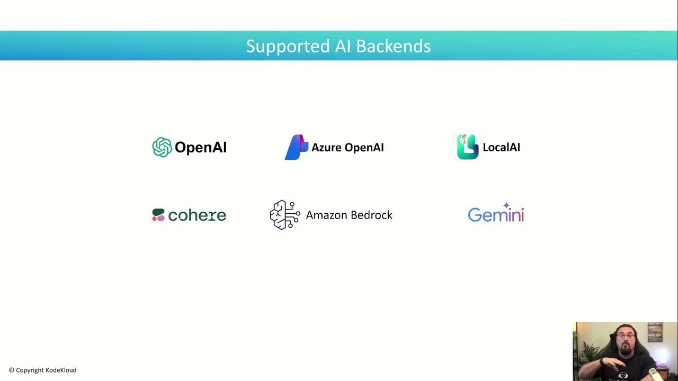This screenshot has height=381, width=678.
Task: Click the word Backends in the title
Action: pos(393,46)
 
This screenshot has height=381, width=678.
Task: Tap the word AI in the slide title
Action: pos(343,46)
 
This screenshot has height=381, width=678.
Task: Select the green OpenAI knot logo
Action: pos(162,147)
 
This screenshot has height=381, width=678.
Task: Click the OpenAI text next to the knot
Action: pos(201,148)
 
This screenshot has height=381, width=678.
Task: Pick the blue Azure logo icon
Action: pos(297,147)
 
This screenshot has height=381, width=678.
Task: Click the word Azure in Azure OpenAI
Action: pos(326,148)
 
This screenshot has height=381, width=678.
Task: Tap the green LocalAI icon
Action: pos(468,147)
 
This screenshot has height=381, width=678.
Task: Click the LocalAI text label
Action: pos(501,148)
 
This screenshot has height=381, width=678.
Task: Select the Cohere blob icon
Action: pos(158,215)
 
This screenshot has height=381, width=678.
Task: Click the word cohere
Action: pos(197,215)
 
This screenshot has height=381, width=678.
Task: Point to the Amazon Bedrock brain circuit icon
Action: pos(285,215)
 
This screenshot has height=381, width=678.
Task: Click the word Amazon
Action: pos(326,215)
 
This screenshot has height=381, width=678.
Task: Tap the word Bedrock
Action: pos(371,215)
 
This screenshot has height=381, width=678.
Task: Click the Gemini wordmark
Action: pos(496,214)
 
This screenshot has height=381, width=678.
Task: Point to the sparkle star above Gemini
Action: pos(506,206)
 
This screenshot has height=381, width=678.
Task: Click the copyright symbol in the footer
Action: pos(12,370)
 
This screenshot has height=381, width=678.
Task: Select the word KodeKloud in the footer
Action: pos(61,370)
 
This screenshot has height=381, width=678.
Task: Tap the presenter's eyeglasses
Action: pos(625,335)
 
